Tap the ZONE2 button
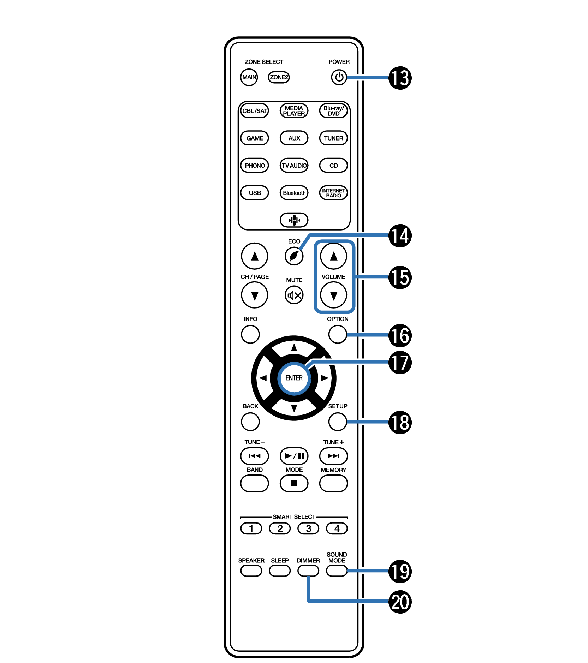pos(279,77)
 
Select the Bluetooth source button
pos(294,193)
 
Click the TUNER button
pos(333,138)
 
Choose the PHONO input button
pos(255,166)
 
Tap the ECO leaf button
pos(294,256)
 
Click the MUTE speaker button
pos(294,295)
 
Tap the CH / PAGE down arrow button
pos(255,295)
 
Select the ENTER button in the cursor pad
pos(294,378)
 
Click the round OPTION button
pos(338,334)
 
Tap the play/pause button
pos(294,456)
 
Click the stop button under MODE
pos(294,483)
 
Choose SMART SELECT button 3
pos(308,528)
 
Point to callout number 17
pos(400,362)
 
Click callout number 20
pos(400,602)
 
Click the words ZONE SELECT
pos(264,62)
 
